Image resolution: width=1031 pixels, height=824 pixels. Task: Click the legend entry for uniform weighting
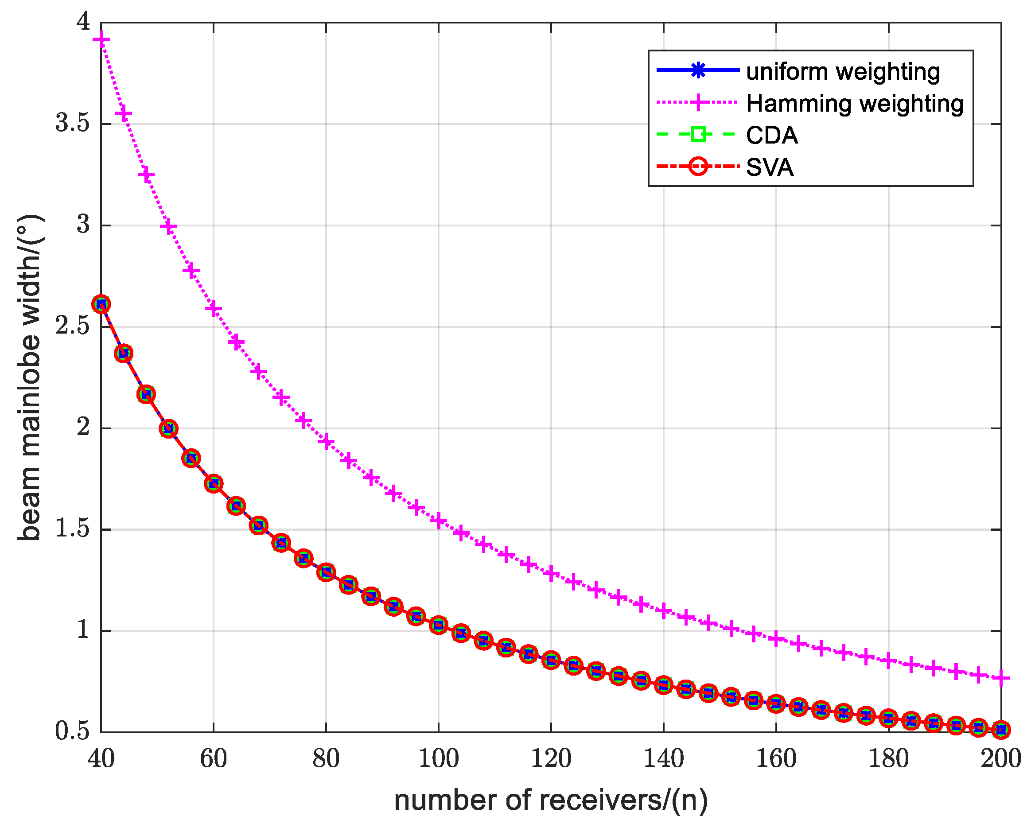pos(843,72)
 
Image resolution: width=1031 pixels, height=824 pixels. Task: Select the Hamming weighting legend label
pos(854,104)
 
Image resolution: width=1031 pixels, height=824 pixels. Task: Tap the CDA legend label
pos(771,136)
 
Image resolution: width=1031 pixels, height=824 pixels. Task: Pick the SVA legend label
pos(770,167)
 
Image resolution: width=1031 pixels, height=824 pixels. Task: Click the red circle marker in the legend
pos(698,167)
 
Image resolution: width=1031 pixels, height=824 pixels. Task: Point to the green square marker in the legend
pos(698,134)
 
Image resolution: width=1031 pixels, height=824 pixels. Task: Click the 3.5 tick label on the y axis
pos(72,124)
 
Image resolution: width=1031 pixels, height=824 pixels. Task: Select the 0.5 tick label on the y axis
pos(72,732)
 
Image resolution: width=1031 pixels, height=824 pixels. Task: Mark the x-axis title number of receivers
pos(551,801)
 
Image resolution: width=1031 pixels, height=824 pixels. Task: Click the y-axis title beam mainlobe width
pos(30,378)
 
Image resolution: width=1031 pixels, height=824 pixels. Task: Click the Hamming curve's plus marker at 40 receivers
pos(101,39)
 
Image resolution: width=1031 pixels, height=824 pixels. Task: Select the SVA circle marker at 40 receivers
pos(101,304)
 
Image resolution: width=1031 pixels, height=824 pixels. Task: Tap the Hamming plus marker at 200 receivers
pos(1001,679)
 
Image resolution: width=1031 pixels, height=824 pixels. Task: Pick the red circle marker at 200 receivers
pos(1001,730)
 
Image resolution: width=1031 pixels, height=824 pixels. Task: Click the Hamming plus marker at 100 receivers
pos(439,521)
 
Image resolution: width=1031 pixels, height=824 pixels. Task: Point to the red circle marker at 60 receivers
pos(214,483)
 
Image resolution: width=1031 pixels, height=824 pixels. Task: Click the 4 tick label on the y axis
pos(84,22)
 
